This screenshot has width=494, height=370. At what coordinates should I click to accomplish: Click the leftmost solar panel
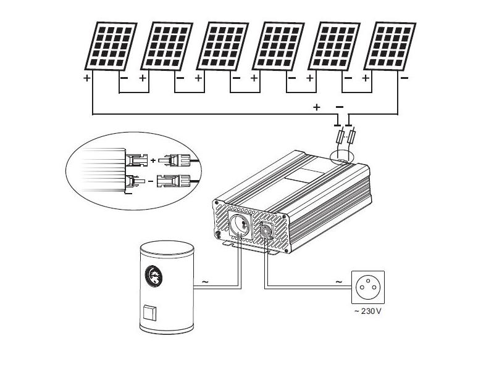coord(111,46)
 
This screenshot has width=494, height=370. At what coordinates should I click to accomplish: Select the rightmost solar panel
coord(390,46)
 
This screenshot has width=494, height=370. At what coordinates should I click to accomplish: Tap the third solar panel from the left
coord(222,46)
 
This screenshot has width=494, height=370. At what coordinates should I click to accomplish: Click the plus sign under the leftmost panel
coord(86,78)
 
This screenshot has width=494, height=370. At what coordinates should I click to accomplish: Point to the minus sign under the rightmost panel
coord(404,78)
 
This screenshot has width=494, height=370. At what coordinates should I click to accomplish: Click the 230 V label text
coord(367,311)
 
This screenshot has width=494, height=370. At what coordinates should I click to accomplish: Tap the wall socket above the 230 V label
coord(367,287)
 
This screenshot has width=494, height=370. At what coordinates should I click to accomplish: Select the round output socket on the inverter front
coord(240,224)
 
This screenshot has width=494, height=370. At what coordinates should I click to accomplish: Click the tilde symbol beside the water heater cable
coord(205,282)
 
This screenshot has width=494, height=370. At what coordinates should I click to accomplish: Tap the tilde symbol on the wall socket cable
coord(338,282)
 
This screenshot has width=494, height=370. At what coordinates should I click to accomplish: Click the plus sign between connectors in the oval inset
coord(153,161)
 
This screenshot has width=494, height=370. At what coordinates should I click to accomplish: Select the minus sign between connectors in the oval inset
coord(151,181)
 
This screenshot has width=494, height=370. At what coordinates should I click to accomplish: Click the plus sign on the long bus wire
coord(317,107)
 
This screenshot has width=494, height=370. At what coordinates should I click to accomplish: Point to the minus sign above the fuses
coord(340,107)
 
